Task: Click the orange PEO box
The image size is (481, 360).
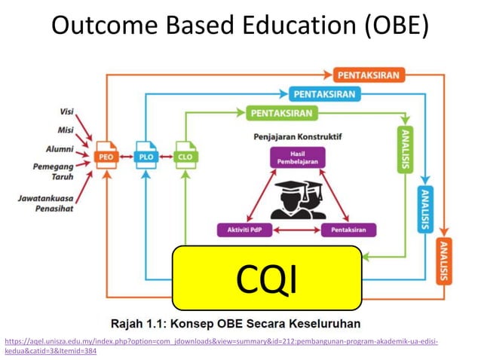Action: [x=106, y=157]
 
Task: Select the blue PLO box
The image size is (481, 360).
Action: [x=146, y=157]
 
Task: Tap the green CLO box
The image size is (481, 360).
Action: [x=185, y=157]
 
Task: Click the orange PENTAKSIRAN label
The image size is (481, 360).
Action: [x=369, y=75]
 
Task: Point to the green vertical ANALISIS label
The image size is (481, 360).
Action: [x=405, y=150]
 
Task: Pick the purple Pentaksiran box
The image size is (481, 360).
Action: [x=348, y=230]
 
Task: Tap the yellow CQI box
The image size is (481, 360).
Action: [x=267, y=277]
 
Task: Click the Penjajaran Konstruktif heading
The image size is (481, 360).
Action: [x=292, y=138]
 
